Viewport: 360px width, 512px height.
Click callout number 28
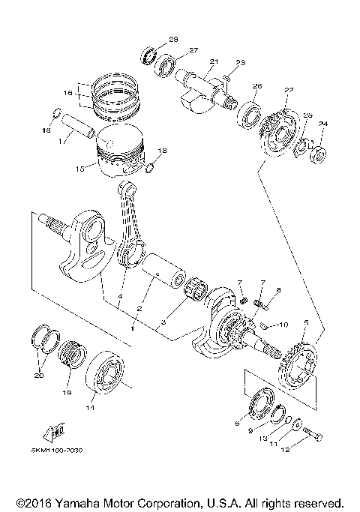click(x=173, y=39)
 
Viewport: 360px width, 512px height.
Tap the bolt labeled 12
click(x=313, y=436)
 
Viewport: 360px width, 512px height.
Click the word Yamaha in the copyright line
click(x=64, y=502)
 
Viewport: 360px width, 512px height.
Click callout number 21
click(x=214, y=61)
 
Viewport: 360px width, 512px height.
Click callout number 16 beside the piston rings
click(x=67, y=94)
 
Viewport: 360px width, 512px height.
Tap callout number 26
click(x=256, y=86)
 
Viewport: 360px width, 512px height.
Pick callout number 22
click(x=288, y=90)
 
